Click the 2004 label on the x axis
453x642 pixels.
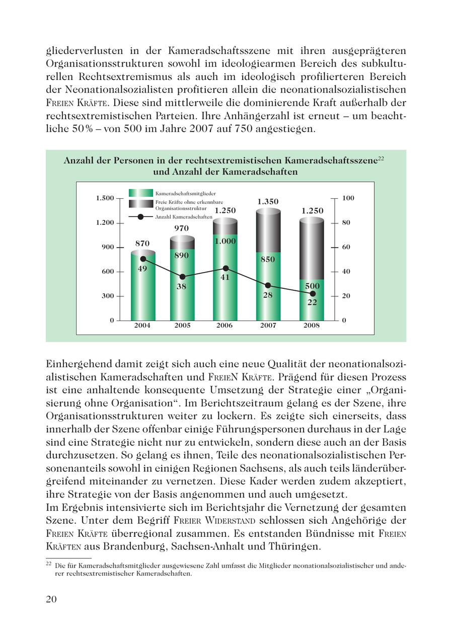(142, 326)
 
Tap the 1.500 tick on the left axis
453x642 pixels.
(105, 198)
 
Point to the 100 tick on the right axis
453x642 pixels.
(348, 198)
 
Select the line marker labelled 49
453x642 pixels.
(143, 259)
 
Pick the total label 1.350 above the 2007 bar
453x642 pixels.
(268, 202)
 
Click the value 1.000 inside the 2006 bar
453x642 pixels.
(225, 242)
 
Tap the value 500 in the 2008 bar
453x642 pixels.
(312, 286)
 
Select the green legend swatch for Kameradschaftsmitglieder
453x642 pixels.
(140, 193)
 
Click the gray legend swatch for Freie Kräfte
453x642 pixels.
(140, 204)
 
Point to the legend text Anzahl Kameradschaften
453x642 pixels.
(184, 217)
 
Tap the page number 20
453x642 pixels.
(51, 599)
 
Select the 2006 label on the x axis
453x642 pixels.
(224, 326)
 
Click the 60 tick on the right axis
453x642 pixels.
(346, 248)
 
